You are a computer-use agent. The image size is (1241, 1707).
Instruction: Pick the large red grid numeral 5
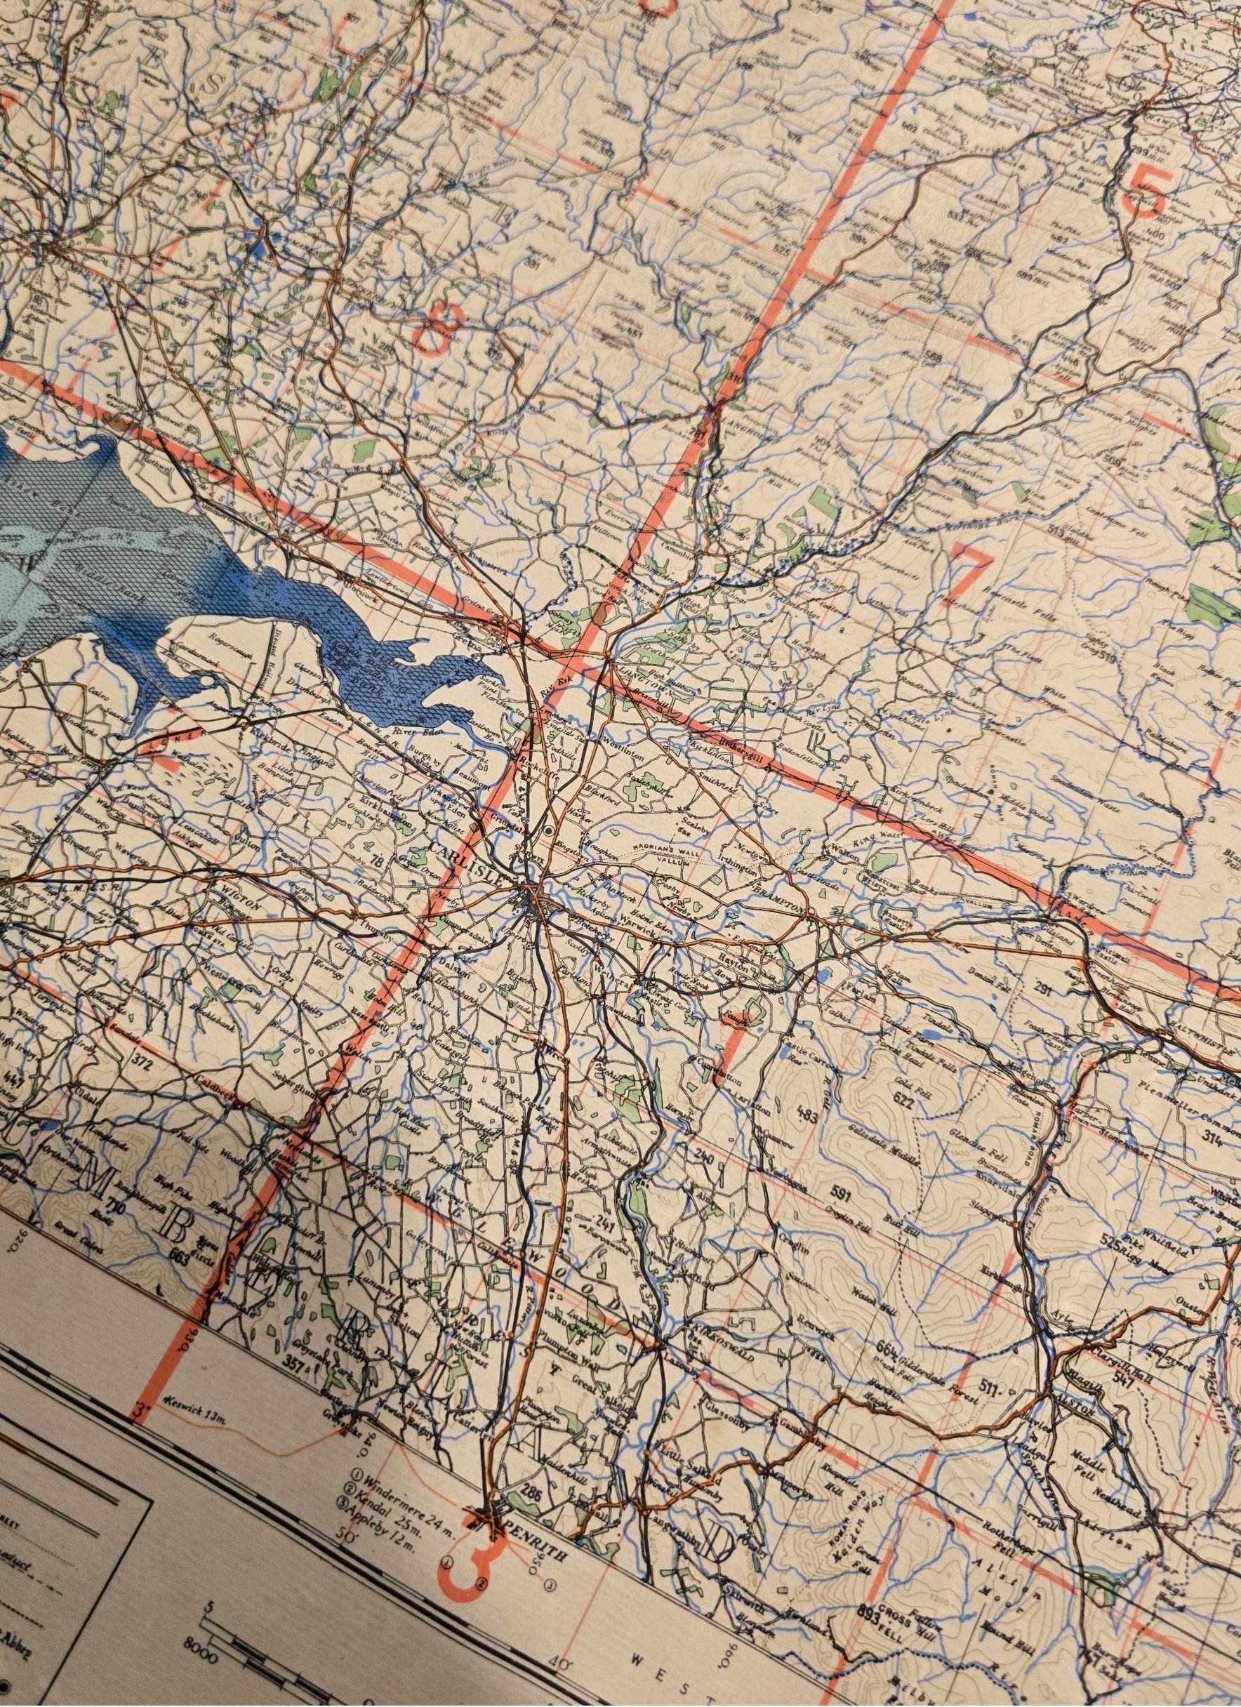pyautogui.click(x=1147, y=190)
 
